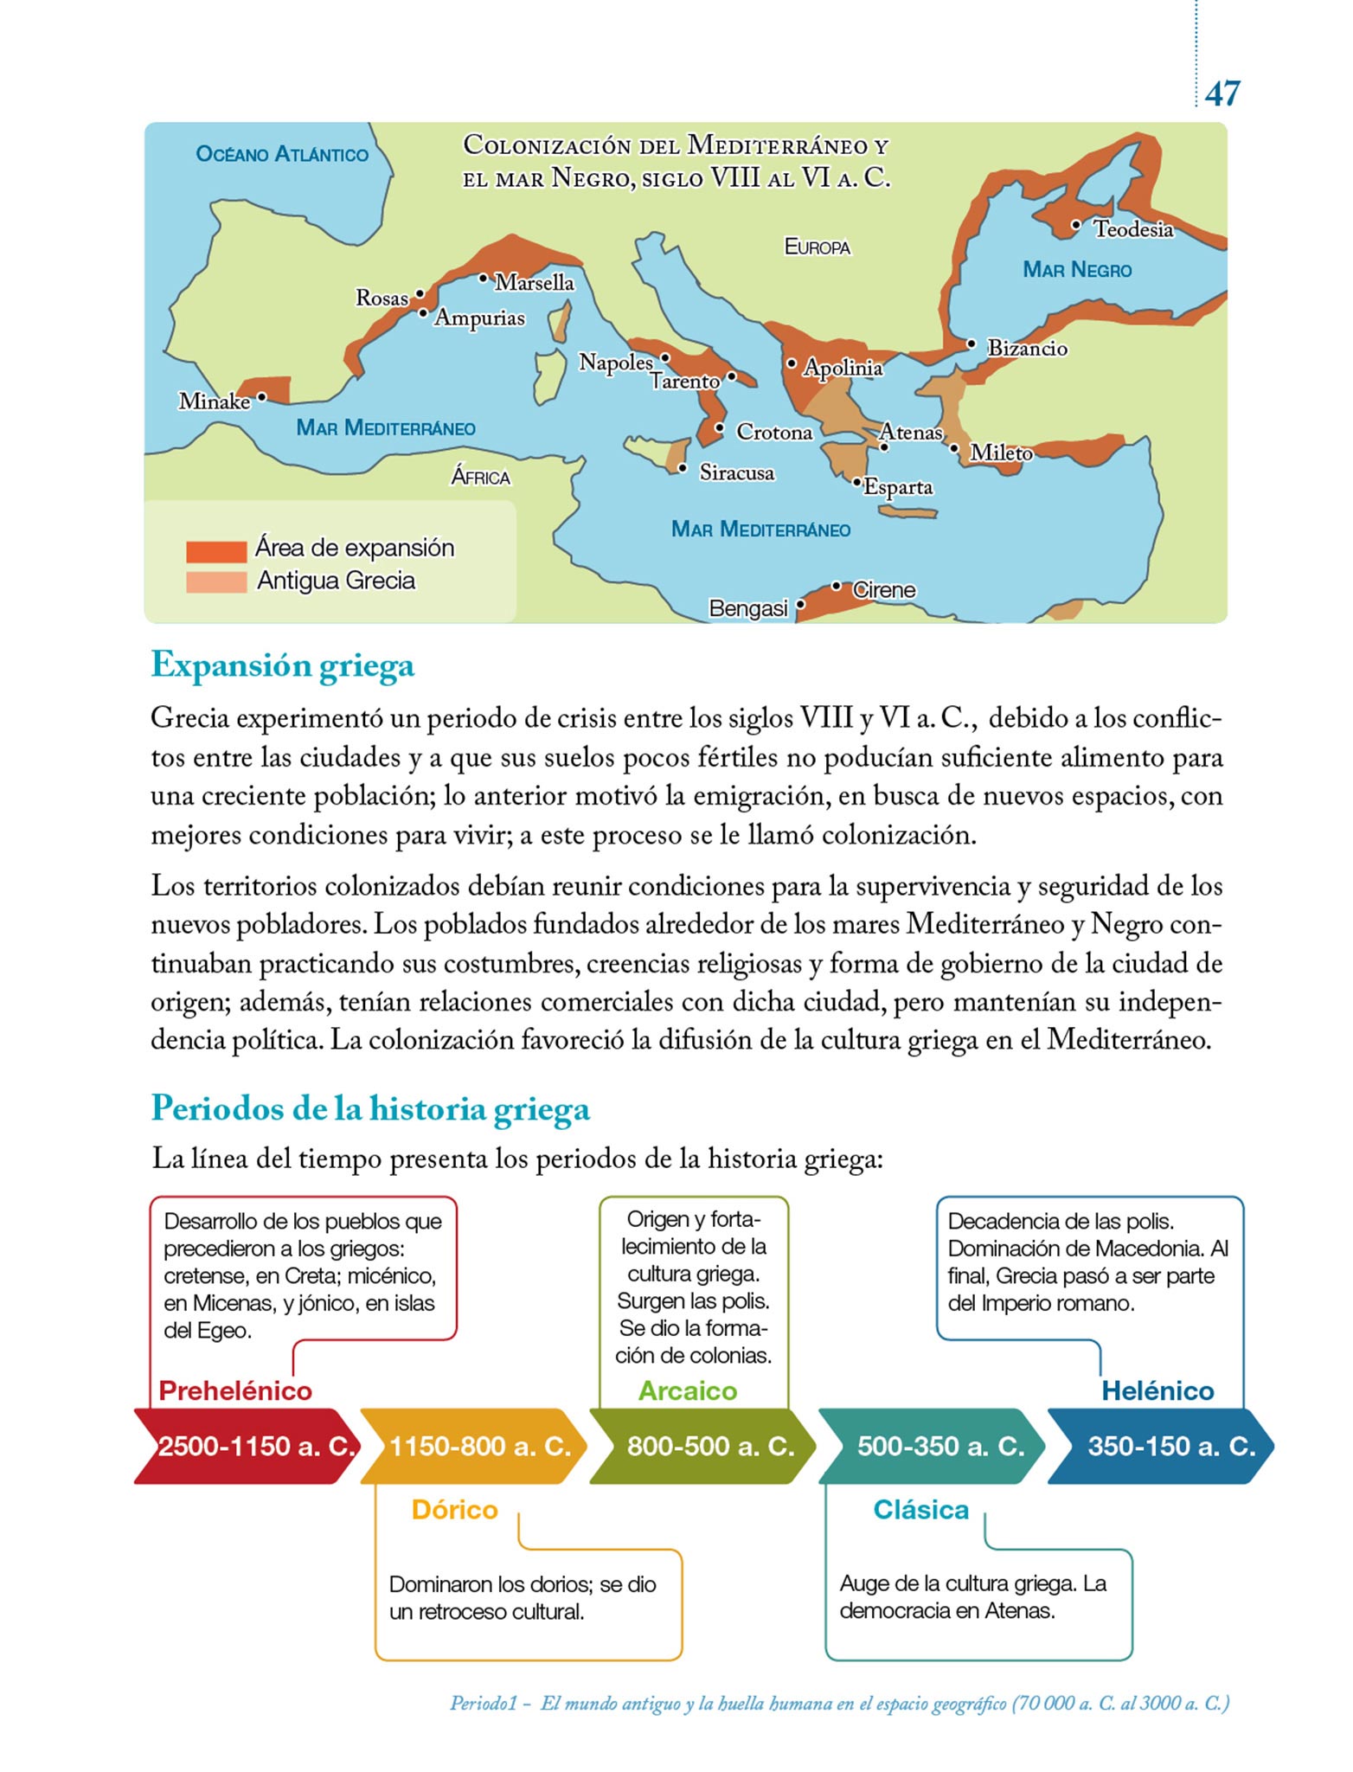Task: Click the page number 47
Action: click(1222, 93)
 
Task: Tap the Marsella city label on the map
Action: click(534, 282)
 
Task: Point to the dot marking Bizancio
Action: click(971, 344)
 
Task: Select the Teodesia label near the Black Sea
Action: click(1133, 229)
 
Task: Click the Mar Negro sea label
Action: click(1077, 270)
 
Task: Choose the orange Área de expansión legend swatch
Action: click(216, 550)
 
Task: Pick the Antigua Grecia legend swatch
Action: click(216, 582)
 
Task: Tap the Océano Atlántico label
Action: click(282, 155)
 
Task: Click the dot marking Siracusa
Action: click(683, 469)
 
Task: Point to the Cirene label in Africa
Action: click(883, 590)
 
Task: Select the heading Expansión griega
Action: click(283, 665)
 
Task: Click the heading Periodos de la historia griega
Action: click(370, 1108)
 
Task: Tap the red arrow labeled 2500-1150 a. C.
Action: click(251, 1446)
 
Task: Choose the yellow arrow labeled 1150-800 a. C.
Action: click(476, 1446)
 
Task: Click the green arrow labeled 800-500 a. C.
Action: click(706, 1446)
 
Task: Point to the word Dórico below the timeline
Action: click(455, 1510)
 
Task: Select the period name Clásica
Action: click(920, 1510)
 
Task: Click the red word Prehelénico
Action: click(235, 1390)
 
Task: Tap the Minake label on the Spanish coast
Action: click(214, 401)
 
